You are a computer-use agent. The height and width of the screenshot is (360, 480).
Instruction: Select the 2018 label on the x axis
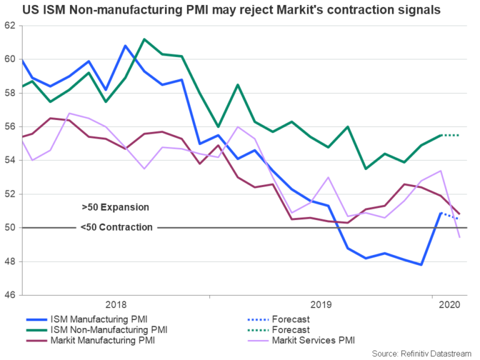point(116,304)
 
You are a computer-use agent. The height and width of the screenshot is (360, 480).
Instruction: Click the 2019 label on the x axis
point(320,304)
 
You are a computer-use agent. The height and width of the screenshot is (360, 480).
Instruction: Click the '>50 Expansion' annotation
point(115,207)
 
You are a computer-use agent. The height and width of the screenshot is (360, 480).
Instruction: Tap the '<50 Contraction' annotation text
point(116,227)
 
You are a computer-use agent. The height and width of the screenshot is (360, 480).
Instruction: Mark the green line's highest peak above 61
point(144,39)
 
